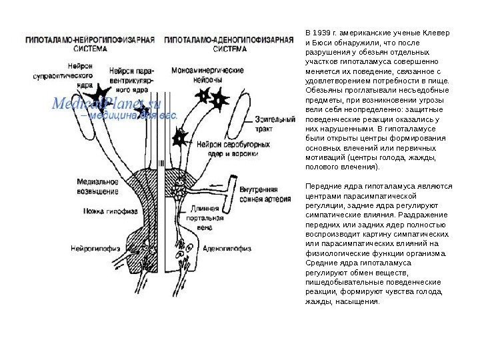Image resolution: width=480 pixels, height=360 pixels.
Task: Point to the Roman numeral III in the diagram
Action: (162, 162)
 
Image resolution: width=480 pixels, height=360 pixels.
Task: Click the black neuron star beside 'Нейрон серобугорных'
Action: (178, 138)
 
